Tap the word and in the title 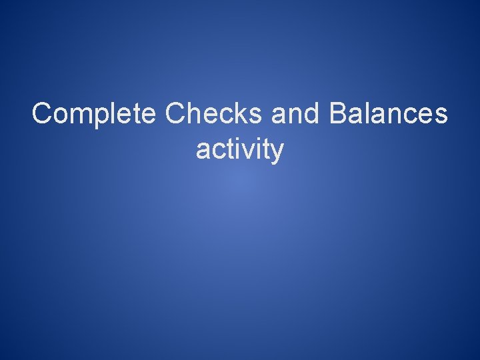pos(297,113)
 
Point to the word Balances pos(389,113)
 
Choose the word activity pos(240,150)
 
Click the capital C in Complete pos(42,113)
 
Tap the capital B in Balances pos(338,113)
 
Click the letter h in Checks pos(193,113)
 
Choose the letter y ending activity pos(277,153)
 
